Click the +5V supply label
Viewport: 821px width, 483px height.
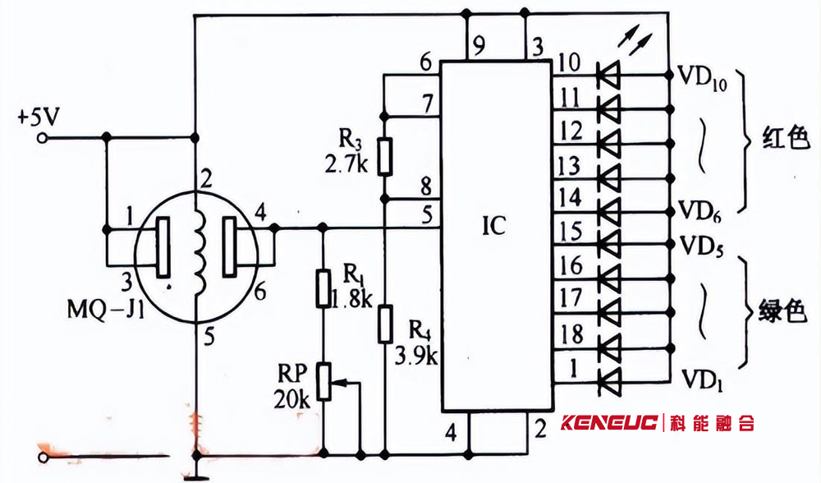39,117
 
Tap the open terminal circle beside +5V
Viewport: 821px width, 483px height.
43,138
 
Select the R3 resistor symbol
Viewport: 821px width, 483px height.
385,156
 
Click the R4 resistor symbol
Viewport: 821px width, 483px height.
385,324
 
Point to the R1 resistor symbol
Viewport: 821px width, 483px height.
323,288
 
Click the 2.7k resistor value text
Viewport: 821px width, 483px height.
346,165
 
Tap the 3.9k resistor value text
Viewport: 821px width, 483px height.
415,356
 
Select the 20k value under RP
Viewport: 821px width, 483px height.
291,400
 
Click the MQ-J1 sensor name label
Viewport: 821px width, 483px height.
106,310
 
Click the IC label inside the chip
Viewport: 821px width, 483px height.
493,226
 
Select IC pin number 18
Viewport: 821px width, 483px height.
571,334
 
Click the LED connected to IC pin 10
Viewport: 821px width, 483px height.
608,75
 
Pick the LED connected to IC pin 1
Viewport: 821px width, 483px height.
609,381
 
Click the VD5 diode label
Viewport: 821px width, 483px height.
702,246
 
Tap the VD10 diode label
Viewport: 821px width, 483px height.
703,79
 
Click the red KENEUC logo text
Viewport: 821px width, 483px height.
609,422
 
